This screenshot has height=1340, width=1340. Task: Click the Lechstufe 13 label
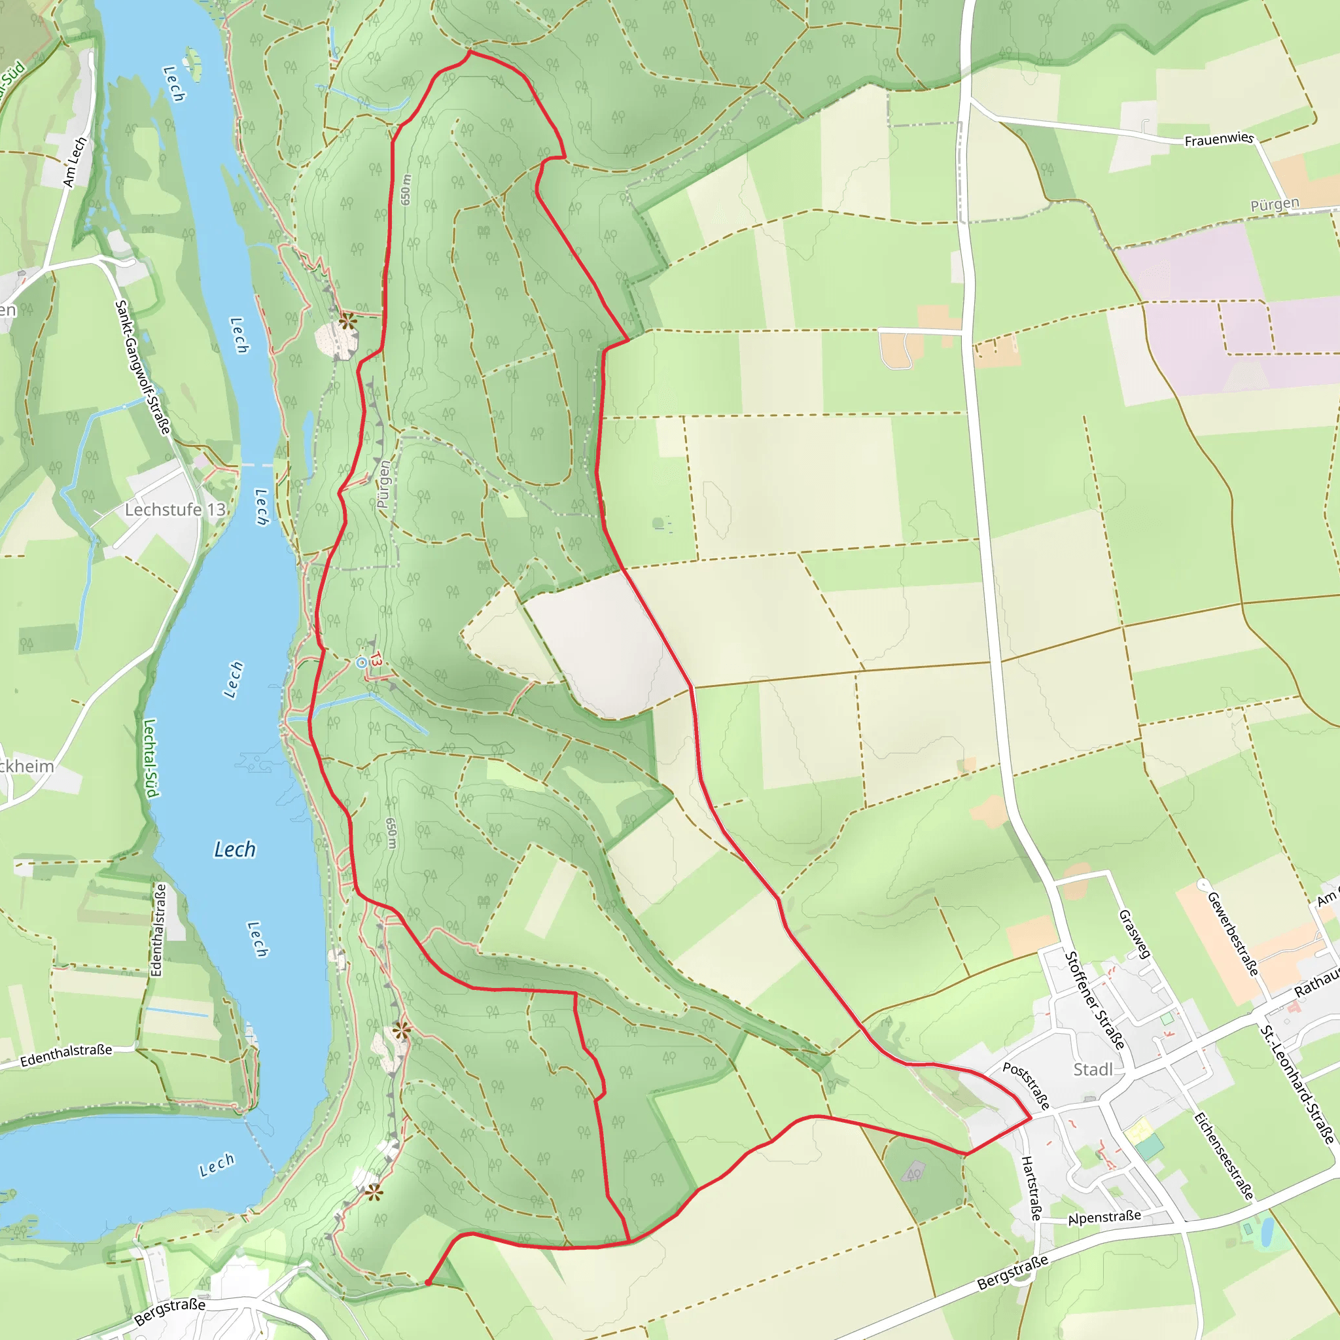175,510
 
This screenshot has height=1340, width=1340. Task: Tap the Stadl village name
1093,1070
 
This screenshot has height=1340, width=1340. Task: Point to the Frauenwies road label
1218,139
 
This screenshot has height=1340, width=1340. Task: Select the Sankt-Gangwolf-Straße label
142,368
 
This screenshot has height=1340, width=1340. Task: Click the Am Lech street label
75,162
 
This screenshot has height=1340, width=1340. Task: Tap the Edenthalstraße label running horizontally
66,1055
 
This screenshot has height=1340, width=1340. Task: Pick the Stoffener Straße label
1095,1000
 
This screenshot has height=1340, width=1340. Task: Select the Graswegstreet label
1135,934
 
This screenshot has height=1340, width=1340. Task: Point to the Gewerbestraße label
1233,934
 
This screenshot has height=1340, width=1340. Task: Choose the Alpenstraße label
1104,1218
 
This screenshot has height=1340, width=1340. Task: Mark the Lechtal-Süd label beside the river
150,758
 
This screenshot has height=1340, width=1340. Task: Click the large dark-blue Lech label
234,850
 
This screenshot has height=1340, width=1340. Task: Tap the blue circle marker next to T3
361,663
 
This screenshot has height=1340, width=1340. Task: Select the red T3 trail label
375,659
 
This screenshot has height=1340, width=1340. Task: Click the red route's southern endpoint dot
428,1283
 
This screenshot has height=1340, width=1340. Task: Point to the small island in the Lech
192,64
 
